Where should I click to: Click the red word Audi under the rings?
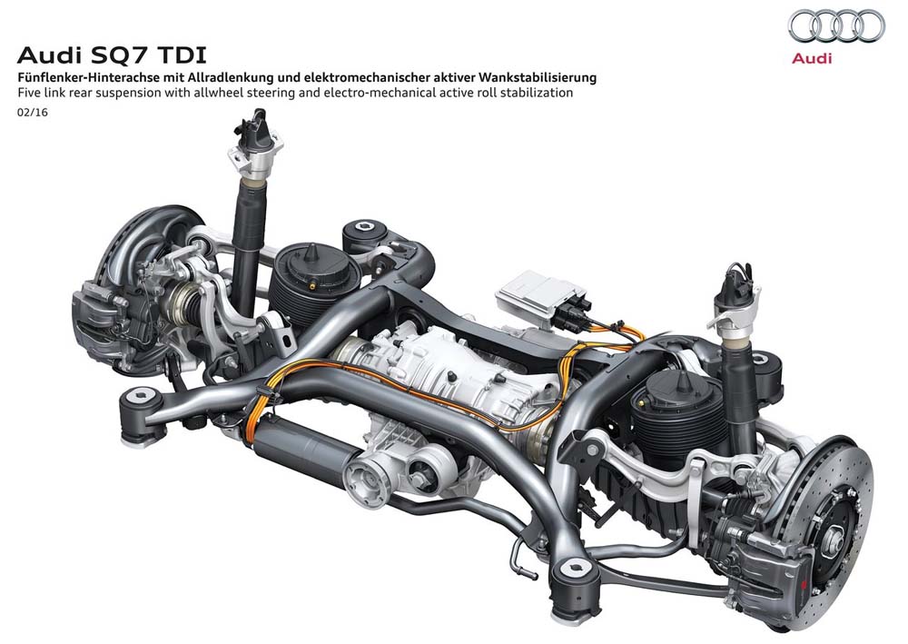click(812, 58)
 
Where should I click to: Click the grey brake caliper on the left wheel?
click(107, 304)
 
